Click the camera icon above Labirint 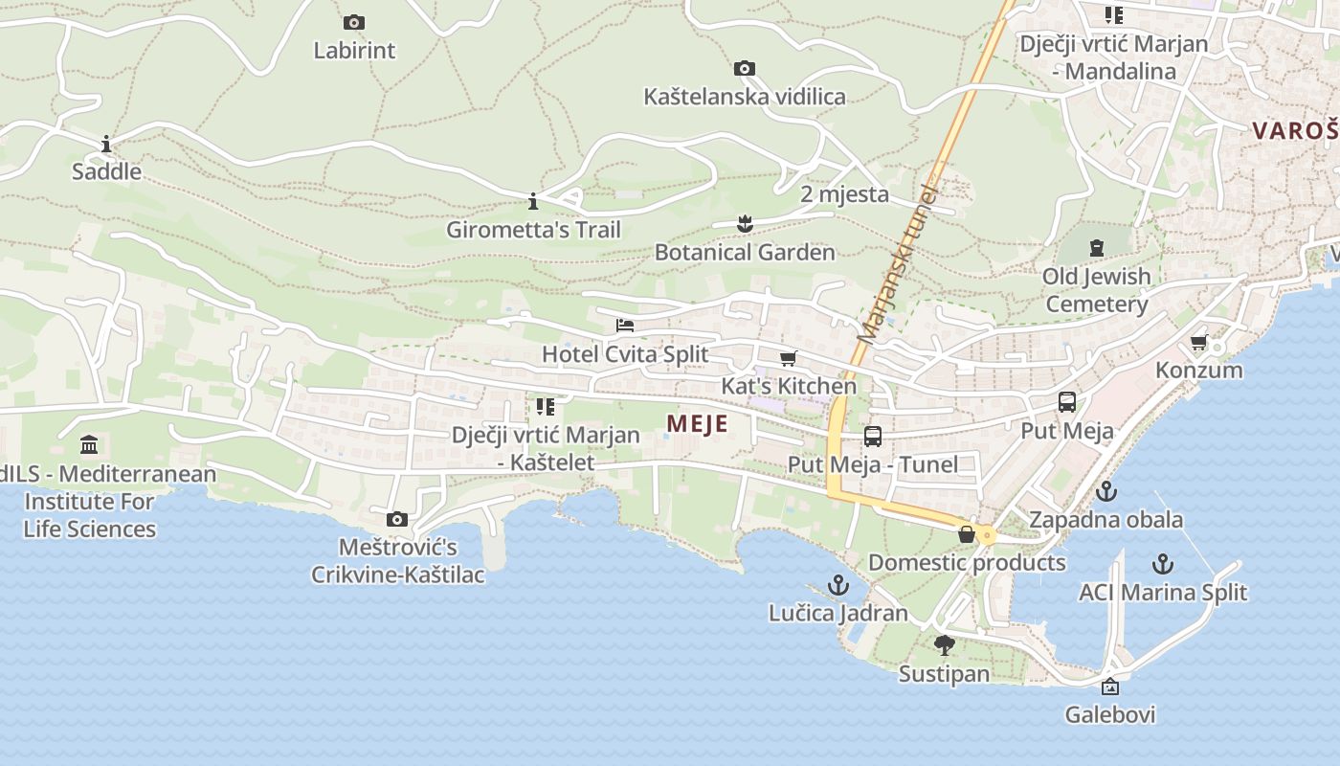(353, 22)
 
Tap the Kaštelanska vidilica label (744, 97)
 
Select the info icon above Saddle (106, 145)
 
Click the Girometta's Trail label (533, 230)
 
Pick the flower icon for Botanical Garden (745, 225)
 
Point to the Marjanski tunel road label (896, 263)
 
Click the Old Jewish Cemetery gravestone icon (1097, 248)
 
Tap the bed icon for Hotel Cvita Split (625, 326)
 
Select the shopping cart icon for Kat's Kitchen (788, 359)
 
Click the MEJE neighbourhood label (697, 424)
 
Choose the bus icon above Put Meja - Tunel (873, 437)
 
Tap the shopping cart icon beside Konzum (1198, 343)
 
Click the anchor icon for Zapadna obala (1105, 492)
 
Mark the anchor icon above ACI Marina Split (1163, 564)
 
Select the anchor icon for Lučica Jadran (838, 585)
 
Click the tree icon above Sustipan (945, 645)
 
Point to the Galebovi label (1110, 715)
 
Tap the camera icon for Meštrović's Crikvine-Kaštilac (397, 520)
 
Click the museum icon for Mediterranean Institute (90, 445)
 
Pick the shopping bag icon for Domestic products (967, 534)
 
